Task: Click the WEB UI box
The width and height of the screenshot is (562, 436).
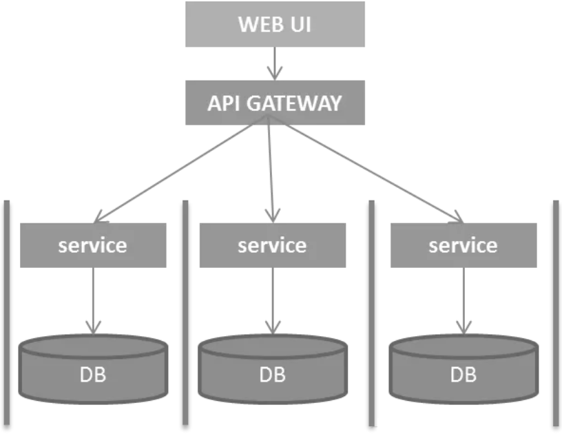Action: (275, 24)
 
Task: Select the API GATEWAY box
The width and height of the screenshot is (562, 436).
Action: (275, 103)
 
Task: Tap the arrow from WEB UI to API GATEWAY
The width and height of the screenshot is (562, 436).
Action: (275, 63)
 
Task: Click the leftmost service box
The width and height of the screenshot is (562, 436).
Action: (93, 245)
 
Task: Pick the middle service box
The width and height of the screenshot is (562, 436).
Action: (273, 245)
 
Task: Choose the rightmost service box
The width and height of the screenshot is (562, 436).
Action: (464, 245)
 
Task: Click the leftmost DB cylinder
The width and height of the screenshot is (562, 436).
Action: (93, 369)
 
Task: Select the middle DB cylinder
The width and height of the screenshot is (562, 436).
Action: (273, 369)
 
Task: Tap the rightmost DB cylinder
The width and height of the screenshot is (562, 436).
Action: (464, 369)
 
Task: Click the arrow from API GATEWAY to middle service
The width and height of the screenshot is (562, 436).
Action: (271, 169)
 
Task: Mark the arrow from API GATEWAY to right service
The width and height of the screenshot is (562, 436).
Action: (365, 169)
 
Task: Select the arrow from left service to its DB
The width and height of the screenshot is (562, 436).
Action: (93, 301)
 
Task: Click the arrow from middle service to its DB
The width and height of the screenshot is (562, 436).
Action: (273, 301)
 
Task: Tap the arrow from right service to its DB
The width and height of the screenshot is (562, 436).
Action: (464, 301)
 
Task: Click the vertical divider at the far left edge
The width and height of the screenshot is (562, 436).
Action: (6, 313)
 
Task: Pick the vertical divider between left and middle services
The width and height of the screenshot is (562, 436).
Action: (185, 313)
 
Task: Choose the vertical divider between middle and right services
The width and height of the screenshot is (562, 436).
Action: (372, 313)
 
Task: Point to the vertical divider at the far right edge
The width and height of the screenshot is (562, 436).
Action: (556, 313)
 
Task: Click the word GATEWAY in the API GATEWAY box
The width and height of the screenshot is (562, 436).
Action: (294, 103)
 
